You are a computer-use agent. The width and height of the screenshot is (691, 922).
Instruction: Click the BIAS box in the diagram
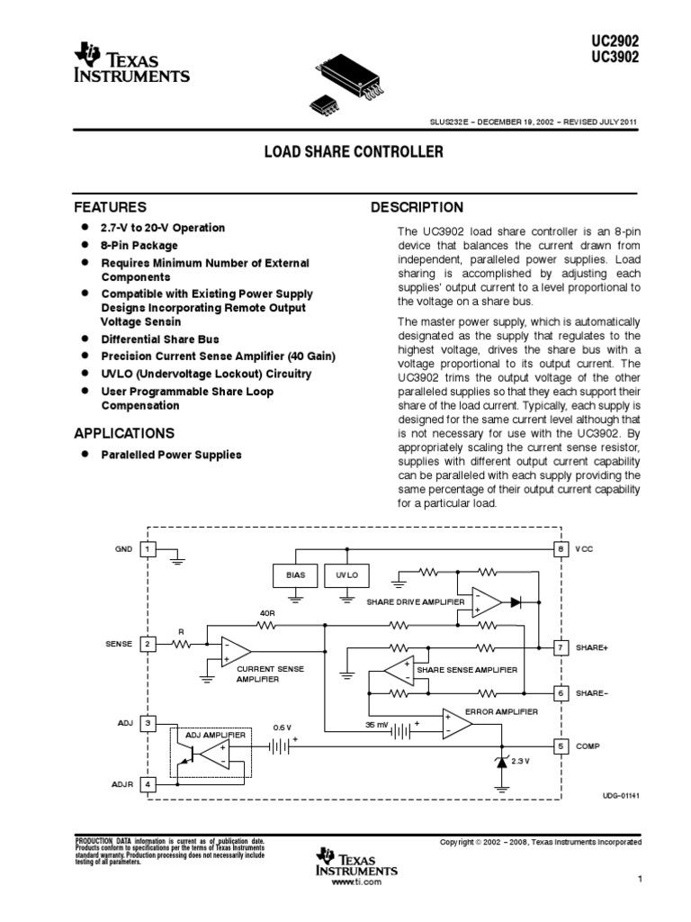pos(295,574)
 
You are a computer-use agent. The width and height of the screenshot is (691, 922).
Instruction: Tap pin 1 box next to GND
pos(148,548)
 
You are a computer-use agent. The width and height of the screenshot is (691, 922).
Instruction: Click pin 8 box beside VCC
pos(560,548)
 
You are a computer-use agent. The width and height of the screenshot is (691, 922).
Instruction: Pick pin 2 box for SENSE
pos(148,644)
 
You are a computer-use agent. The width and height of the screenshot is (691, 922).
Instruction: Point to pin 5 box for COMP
pos(560,746)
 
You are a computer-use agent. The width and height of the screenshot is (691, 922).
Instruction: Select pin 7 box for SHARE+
pos(560,647)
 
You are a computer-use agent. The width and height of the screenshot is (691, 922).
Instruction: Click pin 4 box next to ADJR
pos(148,784)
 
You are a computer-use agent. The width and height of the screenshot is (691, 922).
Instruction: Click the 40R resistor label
pos(266,614)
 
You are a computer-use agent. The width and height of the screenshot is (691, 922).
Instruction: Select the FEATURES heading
pos(110,207)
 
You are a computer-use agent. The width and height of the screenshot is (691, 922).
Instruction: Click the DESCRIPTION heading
pos(417,208)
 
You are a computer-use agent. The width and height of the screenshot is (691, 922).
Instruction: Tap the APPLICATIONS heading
pos(124,433)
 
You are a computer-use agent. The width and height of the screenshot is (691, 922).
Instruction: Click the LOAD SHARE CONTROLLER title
pos(354,152)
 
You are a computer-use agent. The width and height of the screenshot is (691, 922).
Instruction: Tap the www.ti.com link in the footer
pos(357,882)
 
